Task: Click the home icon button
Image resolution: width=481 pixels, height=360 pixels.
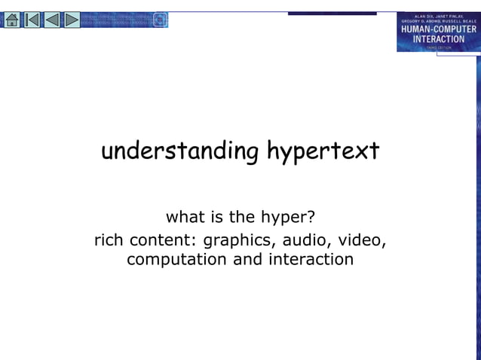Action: pos(12,20)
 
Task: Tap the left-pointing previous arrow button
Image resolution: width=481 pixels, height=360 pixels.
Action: pos(51,20)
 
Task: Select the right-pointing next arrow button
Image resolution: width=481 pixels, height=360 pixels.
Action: pos(71,20)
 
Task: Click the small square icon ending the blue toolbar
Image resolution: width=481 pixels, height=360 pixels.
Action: pos(160,20)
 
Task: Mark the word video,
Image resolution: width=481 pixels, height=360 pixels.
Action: pos(363,241)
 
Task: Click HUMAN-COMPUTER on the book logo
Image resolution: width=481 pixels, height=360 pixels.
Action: pos(438,29)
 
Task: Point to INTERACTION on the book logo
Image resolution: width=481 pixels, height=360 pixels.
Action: pos(438,38)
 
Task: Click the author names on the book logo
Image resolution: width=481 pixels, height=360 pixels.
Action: pos(438,19)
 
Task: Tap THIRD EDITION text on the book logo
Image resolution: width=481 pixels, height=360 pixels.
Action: pos(438,47)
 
